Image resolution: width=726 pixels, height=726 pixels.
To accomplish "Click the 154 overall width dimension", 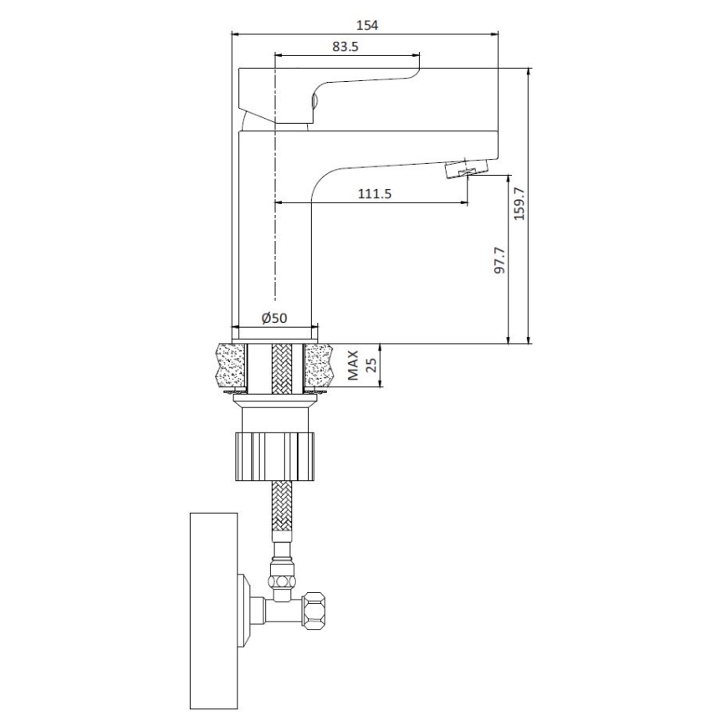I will (x=366, y=25).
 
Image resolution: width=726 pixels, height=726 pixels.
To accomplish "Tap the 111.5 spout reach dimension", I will (x=375, y=193).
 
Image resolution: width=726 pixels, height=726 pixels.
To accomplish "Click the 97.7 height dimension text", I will (x=499, y=260).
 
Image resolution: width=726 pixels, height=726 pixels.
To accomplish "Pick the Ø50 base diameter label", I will (x=274, y=318).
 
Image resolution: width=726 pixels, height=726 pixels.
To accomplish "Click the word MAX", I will (x=354, y=366).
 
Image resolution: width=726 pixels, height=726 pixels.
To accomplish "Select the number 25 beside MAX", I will (x=371, y=366).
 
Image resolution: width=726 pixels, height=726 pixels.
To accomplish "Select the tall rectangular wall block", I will (x=213, y=611).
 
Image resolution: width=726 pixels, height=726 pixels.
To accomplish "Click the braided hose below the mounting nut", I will (x=283, y=514).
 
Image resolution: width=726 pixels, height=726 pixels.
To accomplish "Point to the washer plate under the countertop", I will (x=275, y=396).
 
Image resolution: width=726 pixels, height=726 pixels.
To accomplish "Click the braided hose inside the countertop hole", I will (x=283, y=366).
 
